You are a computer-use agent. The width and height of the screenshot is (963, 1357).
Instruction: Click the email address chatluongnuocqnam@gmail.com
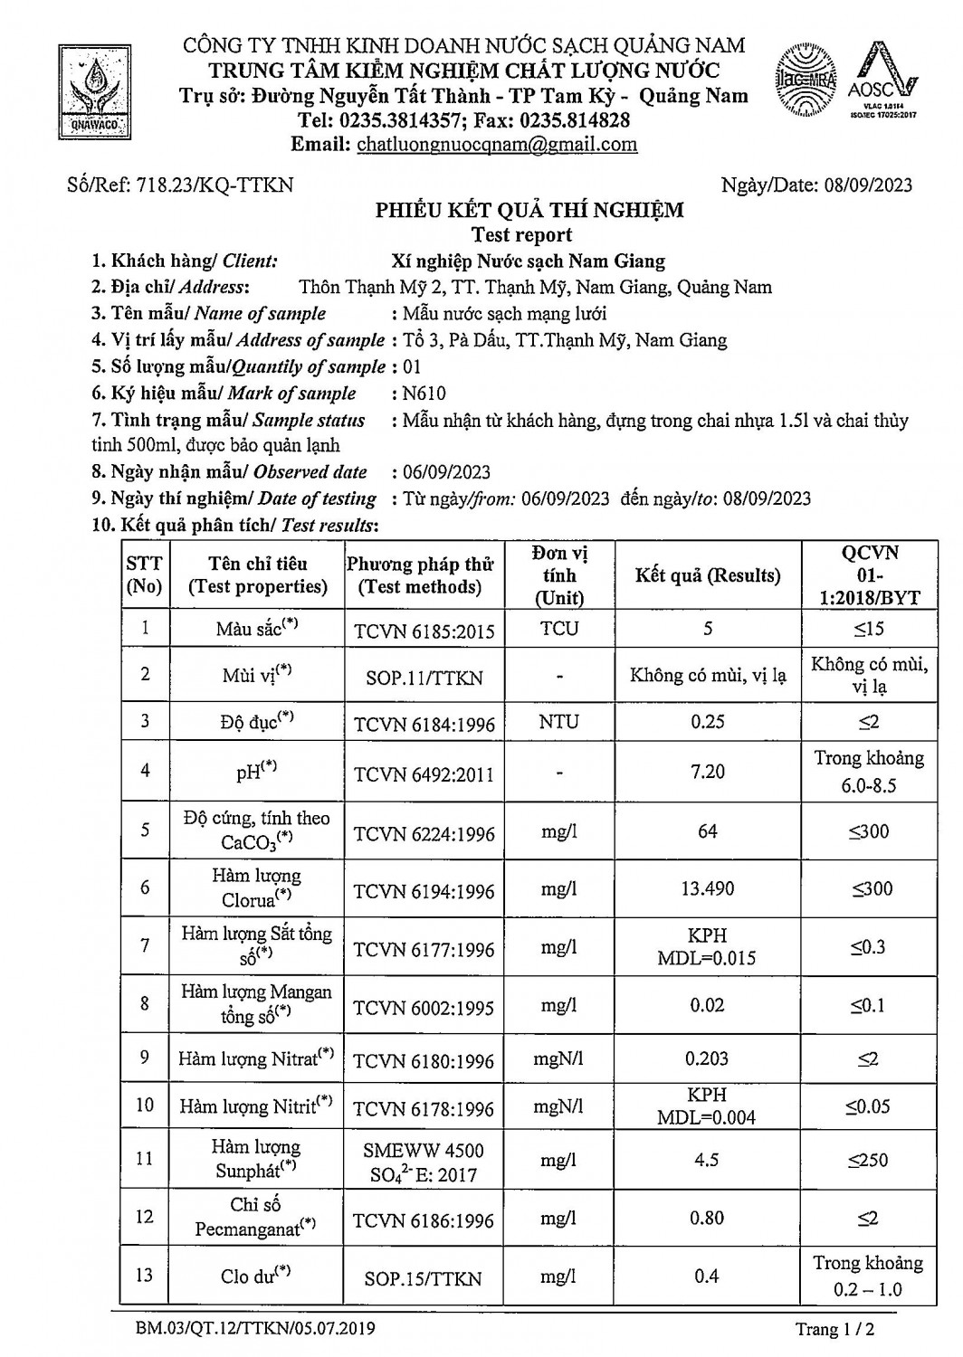(x=497, y=145)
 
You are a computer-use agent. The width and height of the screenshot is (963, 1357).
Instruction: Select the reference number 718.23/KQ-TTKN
(x=215, y=185)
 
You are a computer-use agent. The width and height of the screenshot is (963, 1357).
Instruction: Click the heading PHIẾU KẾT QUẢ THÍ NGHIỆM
(x=529, y=211)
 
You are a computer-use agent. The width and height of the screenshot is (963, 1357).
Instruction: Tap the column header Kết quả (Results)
(x=707, y=575)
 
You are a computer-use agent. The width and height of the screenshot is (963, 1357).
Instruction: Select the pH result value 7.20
(x=707, y=772)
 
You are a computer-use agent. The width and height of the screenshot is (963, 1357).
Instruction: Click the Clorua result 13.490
(x=707, y=889)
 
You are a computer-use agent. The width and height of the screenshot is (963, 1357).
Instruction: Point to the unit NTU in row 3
(x=558, y=722)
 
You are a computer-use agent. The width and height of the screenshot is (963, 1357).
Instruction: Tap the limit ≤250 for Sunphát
(x=868, y=1160)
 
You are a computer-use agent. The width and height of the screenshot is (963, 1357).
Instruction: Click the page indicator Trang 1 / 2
(x=835, y=1329)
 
